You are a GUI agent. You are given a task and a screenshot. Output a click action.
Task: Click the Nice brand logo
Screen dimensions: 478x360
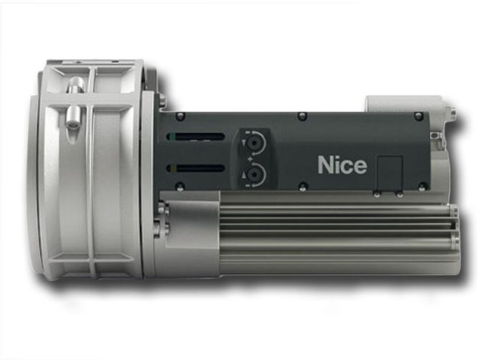tap(342, 165)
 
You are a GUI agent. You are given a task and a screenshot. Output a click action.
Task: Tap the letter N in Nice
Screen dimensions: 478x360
tap(324, 165)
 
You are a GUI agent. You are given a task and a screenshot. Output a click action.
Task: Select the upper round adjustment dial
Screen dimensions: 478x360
tap(253, 143)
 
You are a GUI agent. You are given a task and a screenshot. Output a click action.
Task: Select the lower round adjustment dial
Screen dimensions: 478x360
tap(253, 175)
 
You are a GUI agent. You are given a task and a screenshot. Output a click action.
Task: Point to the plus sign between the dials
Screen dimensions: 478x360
tap(250, 159)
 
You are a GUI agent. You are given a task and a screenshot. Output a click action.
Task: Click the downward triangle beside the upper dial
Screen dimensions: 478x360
tap(243, 143)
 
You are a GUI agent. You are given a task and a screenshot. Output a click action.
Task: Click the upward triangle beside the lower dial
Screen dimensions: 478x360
tap(243, 175)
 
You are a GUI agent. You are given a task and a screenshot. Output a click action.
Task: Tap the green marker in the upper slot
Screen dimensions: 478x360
tap(173, 136)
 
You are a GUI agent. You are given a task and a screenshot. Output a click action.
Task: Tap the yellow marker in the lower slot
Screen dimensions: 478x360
tap(173, 169)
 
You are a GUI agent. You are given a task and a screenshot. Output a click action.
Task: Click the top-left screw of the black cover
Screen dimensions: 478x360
tap(181, 116)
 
